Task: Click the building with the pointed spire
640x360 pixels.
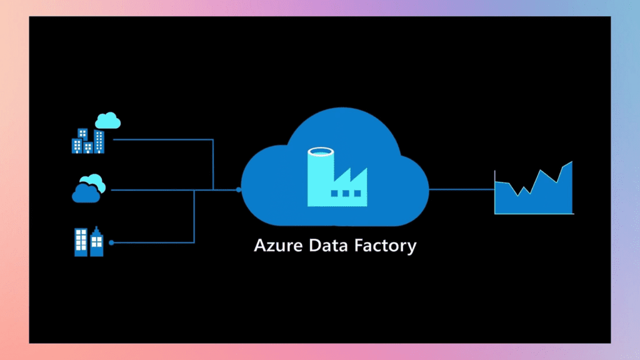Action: pos(97,242)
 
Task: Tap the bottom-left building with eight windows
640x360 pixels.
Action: pos(81,242)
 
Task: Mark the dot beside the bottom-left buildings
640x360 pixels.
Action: pos(111,242)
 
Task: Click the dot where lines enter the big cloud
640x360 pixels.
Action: pos(238,189)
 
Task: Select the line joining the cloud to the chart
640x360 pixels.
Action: pos(461,189)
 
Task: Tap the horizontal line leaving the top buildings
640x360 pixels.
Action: pos(162,139)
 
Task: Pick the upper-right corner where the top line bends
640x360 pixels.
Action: pos(213,139)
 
